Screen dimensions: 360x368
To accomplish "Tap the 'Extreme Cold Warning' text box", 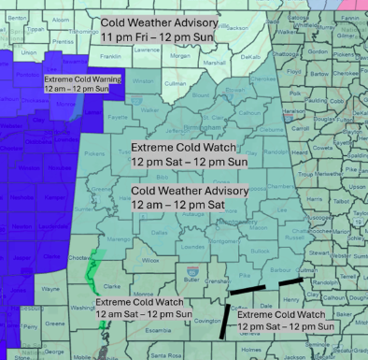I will point(83,85).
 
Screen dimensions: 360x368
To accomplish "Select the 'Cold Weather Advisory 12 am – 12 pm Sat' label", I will point(190,197).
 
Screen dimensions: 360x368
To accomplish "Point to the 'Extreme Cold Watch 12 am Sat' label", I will point(143,309).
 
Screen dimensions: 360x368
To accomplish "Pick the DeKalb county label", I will point(250,56).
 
